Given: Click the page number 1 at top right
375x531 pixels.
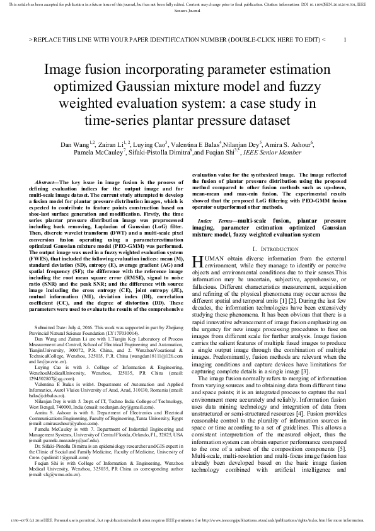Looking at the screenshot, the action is (x=345, y=39).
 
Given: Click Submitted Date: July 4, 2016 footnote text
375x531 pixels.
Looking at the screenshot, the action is (x=69, y=329).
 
